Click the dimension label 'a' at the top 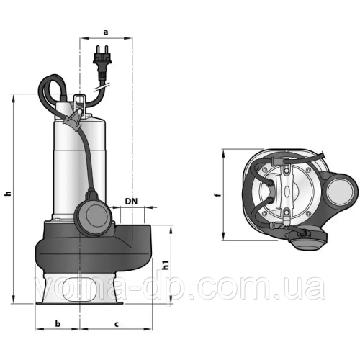tap(106, 32)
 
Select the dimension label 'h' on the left tap(7, 194)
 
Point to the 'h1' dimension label tap(166, 266)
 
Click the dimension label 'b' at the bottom tap(58, 325)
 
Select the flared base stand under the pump tap(79, 292)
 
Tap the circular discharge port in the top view tap(340, 192)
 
